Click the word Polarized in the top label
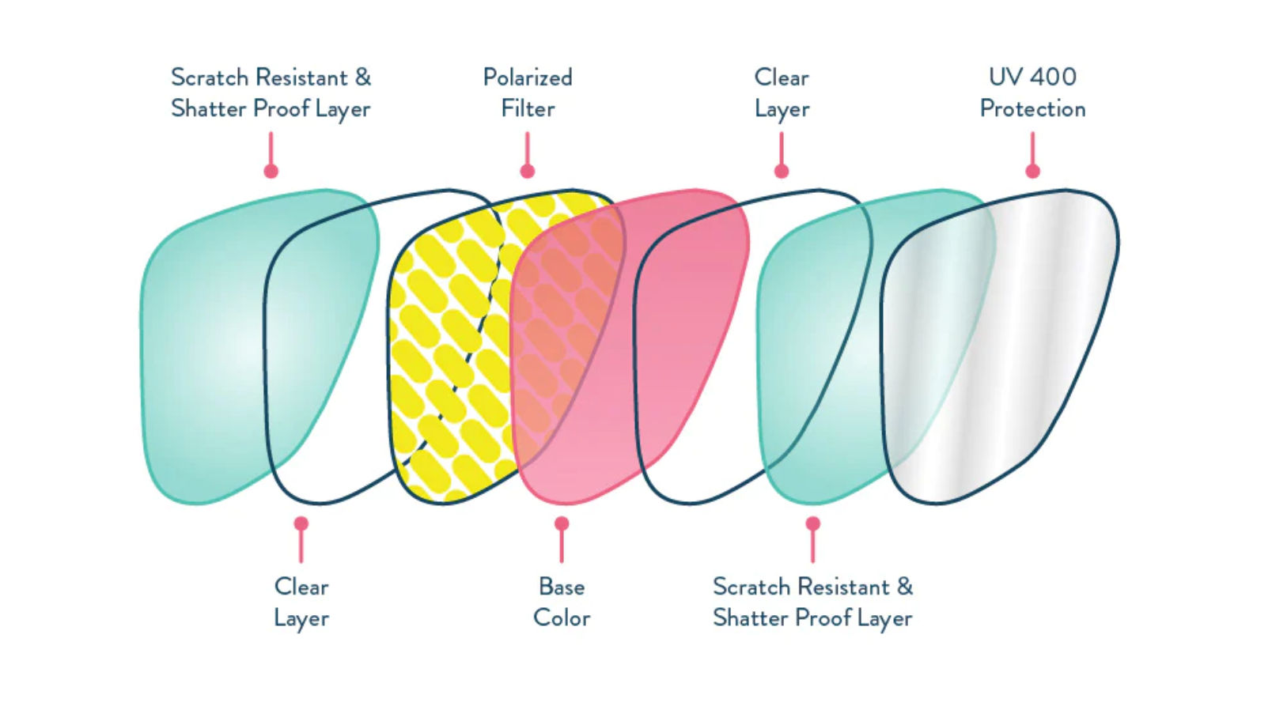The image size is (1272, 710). (x=527, y=77)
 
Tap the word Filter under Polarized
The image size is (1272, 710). (x=527, y=108)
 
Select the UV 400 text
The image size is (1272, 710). (x=1032, y=77)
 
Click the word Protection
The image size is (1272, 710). (x=1032, y=108)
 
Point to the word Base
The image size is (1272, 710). (x=561, y=587)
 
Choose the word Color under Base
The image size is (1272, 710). (x=561, y=617)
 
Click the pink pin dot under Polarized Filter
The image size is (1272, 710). (x=527, y=171)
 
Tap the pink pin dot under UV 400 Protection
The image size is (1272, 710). (x=1032, y=171)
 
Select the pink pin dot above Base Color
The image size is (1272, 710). (x=561, y=523)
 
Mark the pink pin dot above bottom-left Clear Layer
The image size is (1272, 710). (x=301, y=523)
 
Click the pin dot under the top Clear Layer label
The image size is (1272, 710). (x=781, y=171)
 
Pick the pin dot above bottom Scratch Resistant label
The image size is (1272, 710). (x=812, y=523)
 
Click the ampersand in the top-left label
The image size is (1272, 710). (x=362, y=77)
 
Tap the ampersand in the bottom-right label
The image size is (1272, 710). (x=904, y=587)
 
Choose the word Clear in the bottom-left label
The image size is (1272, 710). (x=301, y=587)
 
